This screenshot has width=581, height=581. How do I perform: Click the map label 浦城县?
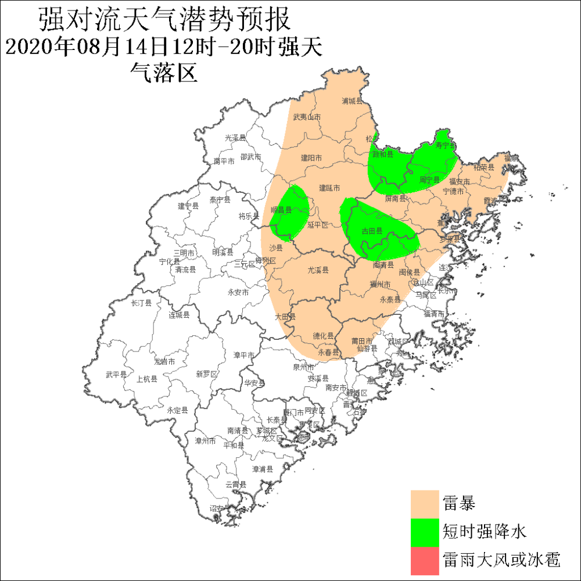pos(352,101)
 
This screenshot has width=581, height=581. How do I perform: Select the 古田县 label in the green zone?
pos(372,231)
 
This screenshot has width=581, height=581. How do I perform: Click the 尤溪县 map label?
pos(318,270)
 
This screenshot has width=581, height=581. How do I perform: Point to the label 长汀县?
pos(141,303)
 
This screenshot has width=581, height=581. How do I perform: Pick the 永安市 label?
pos(238,292)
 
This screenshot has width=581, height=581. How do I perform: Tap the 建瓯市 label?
pos(329,188)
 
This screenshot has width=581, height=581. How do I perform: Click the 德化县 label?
pos(323,335)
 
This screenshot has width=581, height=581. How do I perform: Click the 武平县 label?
pos(116,375)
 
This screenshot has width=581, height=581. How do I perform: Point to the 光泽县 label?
pos(235,138)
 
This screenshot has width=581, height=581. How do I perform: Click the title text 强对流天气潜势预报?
pos(164,21)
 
